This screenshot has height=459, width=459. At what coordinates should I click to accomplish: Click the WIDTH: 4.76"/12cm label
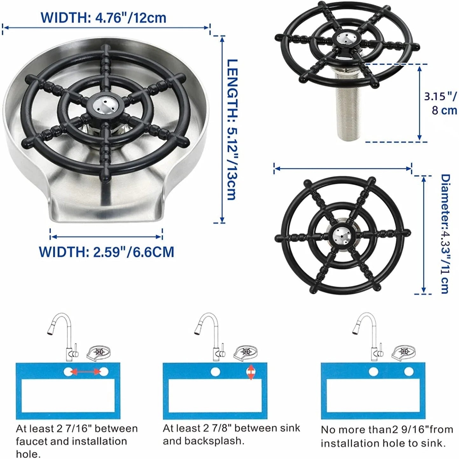(104, 18)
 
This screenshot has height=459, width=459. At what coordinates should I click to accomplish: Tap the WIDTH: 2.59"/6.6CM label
(107, 252)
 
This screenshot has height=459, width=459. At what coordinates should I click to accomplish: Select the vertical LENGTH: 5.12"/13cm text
(232, 130)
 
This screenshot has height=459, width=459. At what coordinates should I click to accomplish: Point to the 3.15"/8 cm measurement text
(441, 104)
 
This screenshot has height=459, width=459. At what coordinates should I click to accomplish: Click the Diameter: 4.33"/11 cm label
(445, 234)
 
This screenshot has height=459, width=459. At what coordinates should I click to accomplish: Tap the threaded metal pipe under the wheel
(349, 105)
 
